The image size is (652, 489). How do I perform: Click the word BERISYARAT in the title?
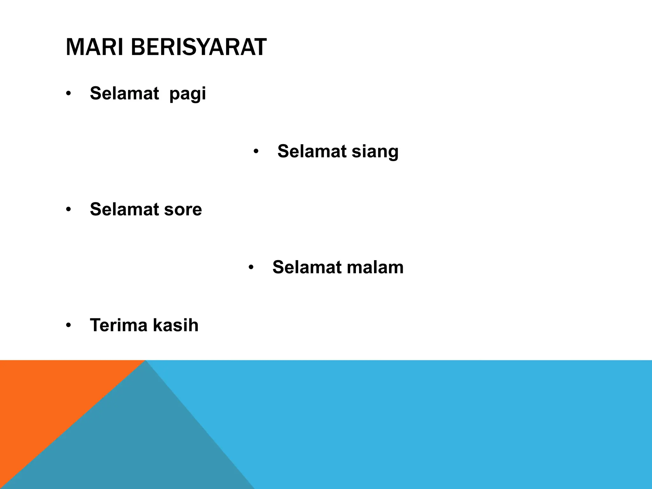tap(198, 47)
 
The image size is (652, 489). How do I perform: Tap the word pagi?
tap(188, 94)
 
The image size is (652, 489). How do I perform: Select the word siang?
tap(375, 151)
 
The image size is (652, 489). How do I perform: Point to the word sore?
tap(183, 209)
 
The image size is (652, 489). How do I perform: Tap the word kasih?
tap(175, 325)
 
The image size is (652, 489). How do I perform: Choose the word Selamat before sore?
tap(124, 209)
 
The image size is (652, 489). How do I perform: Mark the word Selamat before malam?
tap(307, 267)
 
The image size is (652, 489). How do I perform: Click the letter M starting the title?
tap(73, 47)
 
